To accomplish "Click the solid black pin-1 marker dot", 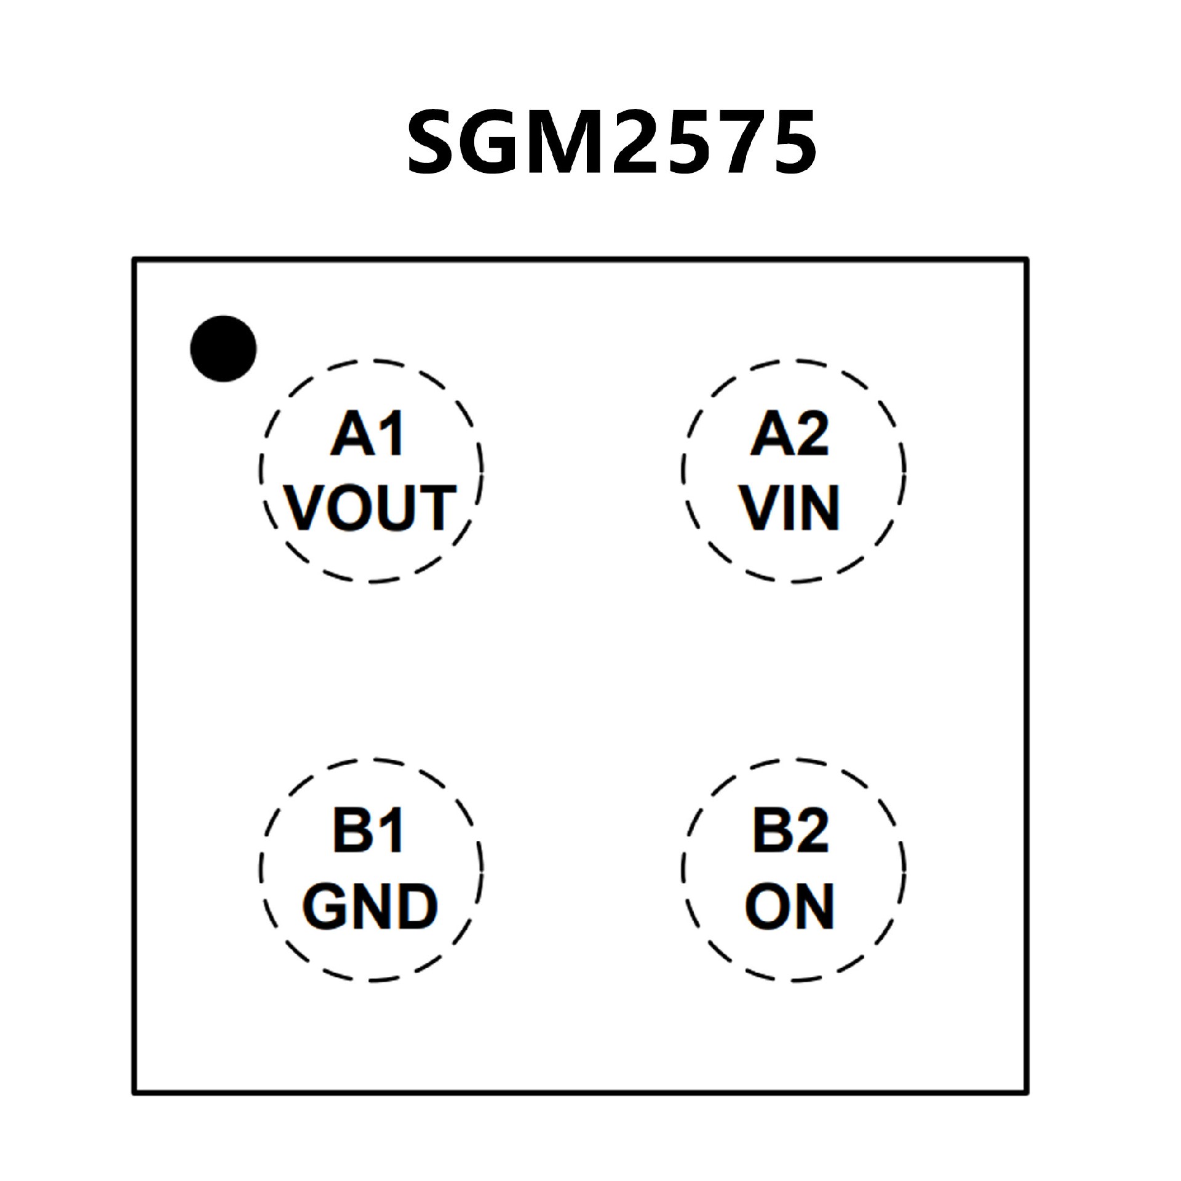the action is (223, 349).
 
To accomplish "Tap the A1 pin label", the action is (368, 434).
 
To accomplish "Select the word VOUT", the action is (371, 507).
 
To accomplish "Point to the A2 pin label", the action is (790, 434).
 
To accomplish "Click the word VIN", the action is (790, 507).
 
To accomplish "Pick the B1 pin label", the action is (368, 832).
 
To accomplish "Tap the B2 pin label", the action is (791, 832).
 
